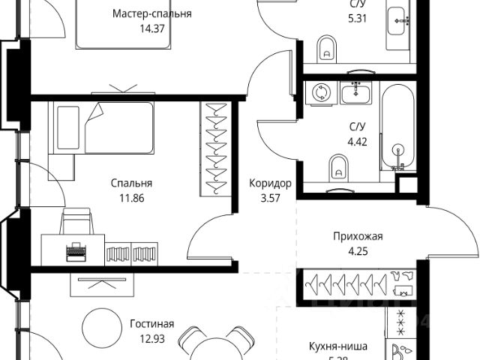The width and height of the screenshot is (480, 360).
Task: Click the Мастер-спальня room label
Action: pos(152,13)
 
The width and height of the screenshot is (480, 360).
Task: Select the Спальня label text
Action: pos(131,184)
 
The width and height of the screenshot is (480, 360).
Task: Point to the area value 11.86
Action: pos(131,199)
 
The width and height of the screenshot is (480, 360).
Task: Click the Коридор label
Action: pos(271,184)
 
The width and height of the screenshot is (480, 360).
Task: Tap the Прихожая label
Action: pos(358,237)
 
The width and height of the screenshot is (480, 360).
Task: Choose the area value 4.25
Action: pos(358,252)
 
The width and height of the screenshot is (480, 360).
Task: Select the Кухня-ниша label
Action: pos(337,346)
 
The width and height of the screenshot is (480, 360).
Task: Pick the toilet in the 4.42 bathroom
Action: pos(339,169)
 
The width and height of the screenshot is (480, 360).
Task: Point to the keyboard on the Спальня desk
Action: pos(76,253)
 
